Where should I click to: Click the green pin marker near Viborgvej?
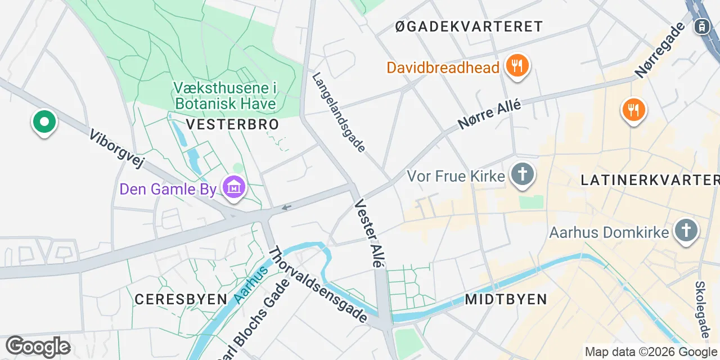pos(44,121)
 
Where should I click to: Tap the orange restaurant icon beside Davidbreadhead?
pos(515,66)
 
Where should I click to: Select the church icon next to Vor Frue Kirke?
pos(522,174)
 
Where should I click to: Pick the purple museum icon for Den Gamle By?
pos(233,187)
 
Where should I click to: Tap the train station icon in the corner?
pos(701,26)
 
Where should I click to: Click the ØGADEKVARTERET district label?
pos(469,26)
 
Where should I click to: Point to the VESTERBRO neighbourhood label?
pos(232,124)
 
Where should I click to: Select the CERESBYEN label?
pos(181,299)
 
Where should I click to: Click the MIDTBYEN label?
pos(506,299)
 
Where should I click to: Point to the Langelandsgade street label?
pos(339,112)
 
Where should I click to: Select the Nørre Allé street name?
pos(489,114)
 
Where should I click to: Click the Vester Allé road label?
pos(370,234)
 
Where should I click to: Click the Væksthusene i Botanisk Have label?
pos(226,96)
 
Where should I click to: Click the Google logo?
pos(38,346)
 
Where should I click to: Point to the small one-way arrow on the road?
pos(287,208)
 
